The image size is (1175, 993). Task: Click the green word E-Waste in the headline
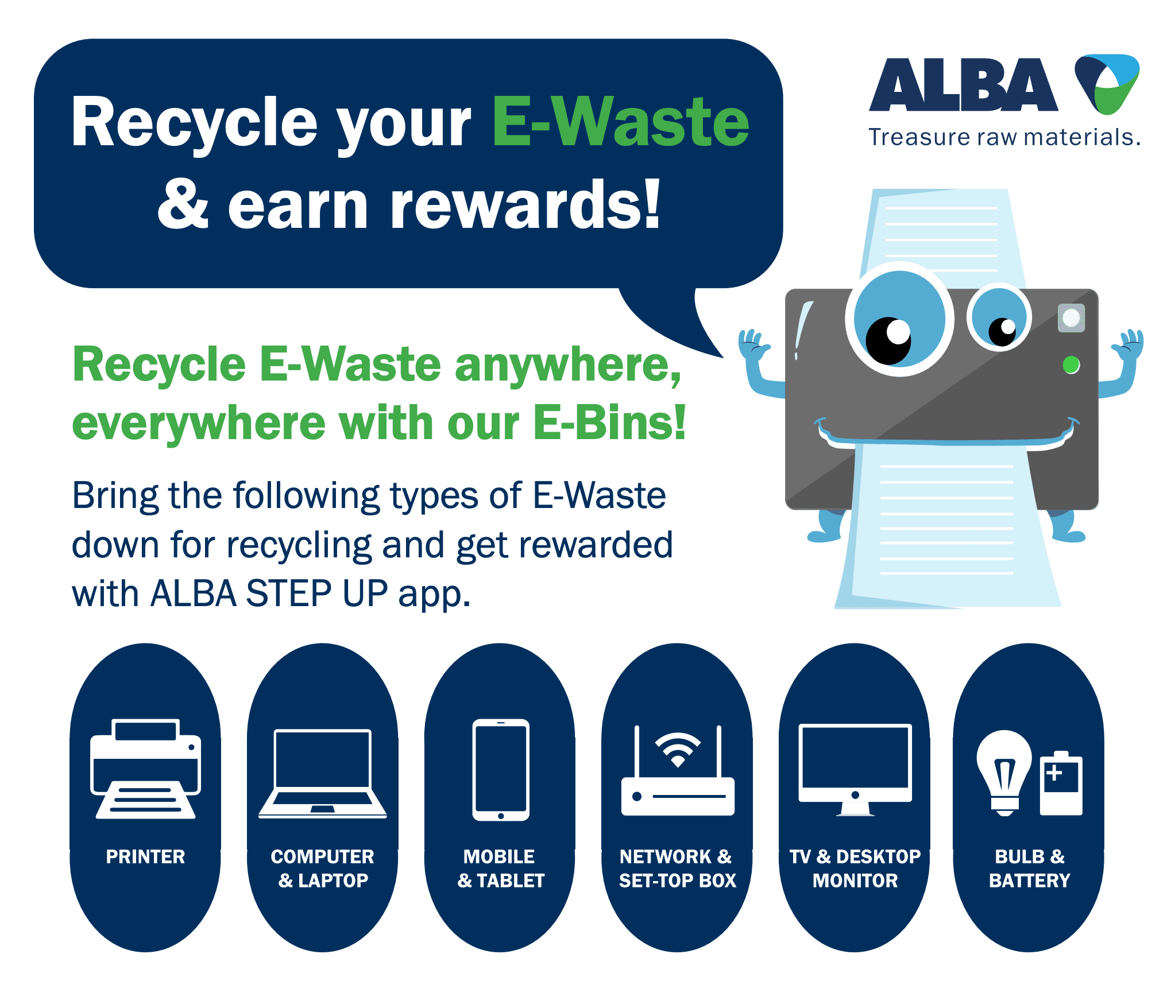(621, 122)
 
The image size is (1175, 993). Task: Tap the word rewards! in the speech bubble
(525, 204)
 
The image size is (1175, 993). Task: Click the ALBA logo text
(963, 85)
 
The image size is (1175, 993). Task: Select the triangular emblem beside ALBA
(1107, 84)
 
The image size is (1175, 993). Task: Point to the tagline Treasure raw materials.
(1004, 137)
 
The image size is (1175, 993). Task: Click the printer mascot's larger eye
(899, 319)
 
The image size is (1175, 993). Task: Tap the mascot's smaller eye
(999, 317)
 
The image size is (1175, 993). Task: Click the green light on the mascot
(1071, 364)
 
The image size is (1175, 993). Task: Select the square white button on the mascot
(1071, 317)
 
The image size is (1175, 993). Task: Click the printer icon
(145, 769)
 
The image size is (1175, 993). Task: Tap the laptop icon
(323, 774)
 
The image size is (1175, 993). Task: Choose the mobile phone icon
(501, 770)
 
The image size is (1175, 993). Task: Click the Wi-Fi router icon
(678, 771)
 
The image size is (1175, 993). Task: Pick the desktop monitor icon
(855, 770)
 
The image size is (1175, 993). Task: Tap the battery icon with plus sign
(1061, 783)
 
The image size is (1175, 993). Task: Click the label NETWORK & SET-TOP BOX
(678, 868)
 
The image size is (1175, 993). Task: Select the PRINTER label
(145, 856)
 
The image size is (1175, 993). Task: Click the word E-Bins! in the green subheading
(610, 423)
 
